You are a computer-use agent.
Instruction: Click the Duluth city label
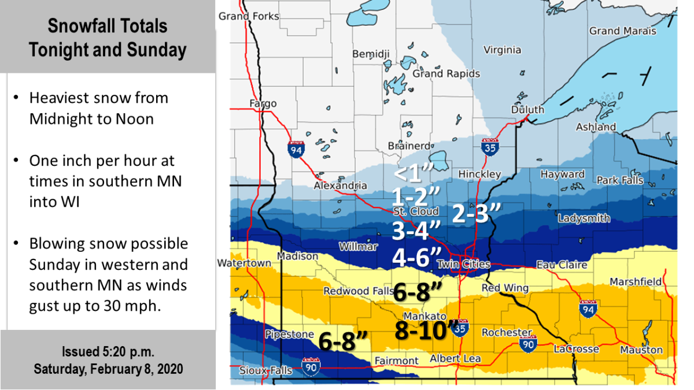click(527, 110)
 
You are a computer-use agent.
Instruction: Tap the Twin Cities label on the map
click(463, 264)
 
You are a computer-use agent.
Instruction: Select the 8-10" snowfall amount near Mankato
click(424, 330)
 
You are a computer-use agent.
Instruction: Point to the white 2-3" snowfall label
click(474, 213)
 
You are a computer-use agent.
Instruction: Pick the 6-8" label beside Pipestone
click(344, 341)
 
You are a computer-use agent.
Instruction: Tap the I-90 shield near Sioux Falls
click(311, 366)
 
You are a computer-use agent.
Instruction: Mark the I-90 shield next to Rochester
click(527, 344)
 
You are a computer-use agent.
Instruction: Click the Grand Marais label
click(622, 31)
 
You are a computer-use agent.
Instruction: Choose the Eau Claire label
click(562, 265)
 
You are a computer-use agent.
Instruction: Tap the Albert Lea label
click(455, 358)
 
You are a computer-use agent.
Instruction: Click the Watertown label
click(243, 263)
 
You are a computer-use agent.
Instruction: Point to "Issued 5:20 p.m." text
click(108, 352)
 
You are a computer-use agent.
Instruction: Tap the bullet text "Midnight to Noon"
click(91, 119)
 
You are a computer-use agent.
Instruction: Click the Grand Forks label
click(249, 16)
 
